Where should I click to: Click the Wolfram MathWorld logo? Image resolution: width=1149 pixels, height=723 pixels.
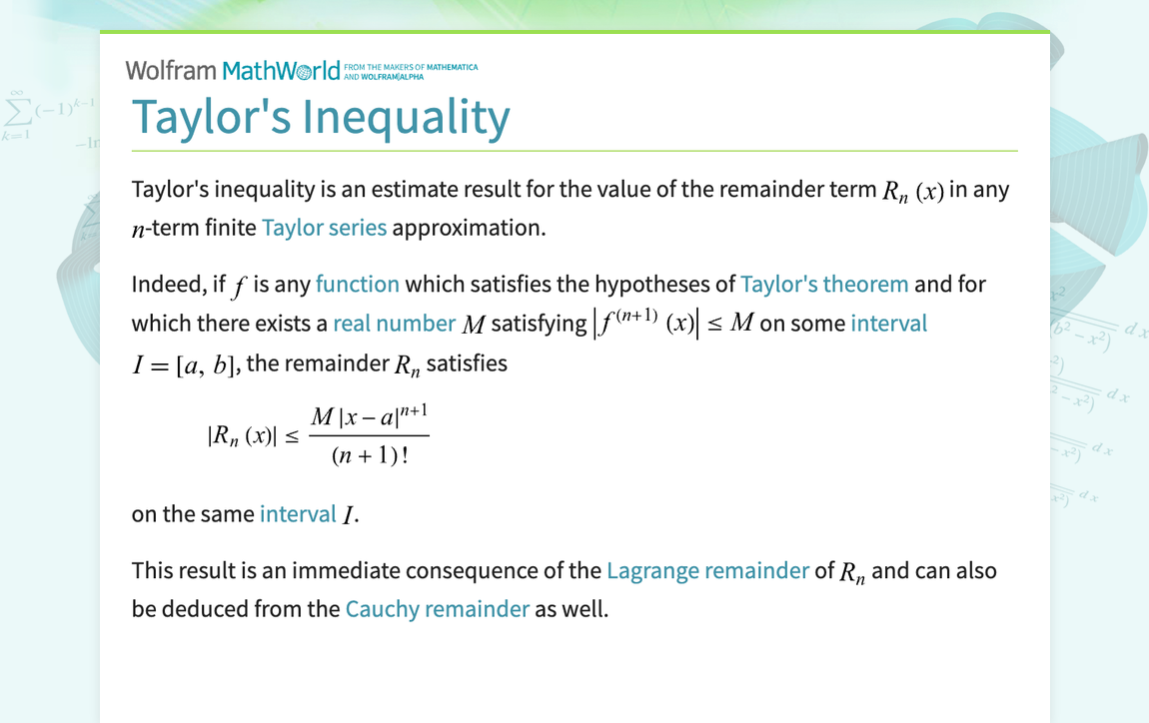(x=232, y=70)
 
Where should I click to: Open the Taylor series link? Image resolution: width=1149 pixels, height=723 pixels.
(x=324, y=228)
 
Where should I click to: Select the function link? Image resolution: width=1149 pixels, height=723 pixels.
(x=357, y=285)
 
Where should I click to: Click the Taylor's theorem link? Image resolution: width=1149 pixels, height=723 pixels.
(x=824, y=285)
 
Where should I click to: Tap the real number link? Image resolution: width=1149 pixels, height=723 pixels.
(x=394, y=324)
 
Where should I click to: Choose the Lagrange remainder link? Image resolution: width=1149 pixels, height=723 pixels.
(x=707, y=571)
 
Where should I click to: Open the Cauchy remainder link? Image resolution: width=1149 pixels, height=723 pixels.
(x=437, y=609)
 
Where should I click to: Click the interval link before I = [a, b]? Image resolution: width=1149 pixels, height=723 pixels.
(x=888, y=324)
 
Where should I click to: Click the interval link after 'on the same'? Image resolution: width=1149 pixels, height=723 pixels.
(x=298, y=514)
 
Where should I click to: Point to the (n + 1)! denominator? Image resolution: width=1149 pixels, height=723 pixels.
(x=370, y=458)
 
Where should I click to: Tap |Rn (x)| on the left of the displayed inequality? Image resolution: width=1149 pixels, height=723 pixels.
(x=241, y=436)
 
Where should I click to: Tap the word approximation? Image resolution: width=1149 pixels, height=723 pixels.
(x=469, y=228)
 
